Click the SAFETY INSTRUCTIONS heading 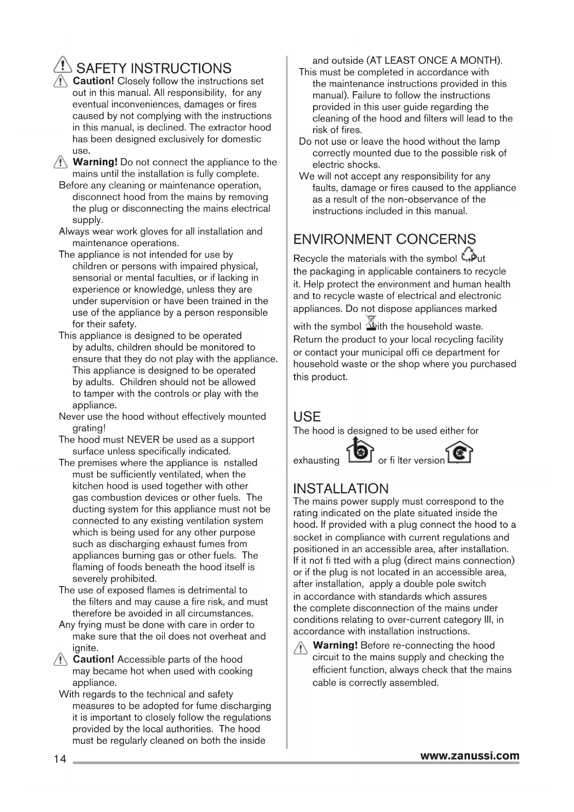[154, 69]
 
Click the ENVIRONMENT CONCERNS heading [384, 239]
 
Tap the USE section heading [307, 416]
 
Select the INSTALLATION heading [341, 488]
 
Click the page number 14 [60, 759]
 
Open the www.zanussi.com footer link [469, 756]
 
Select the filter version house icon [460, 455]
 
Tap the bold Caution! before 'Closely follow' [94, 81]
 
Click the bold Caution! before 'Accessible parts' [93, 659]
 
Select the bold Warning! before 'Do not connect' [95, 162]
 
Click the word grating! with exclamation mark [89, 428]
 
